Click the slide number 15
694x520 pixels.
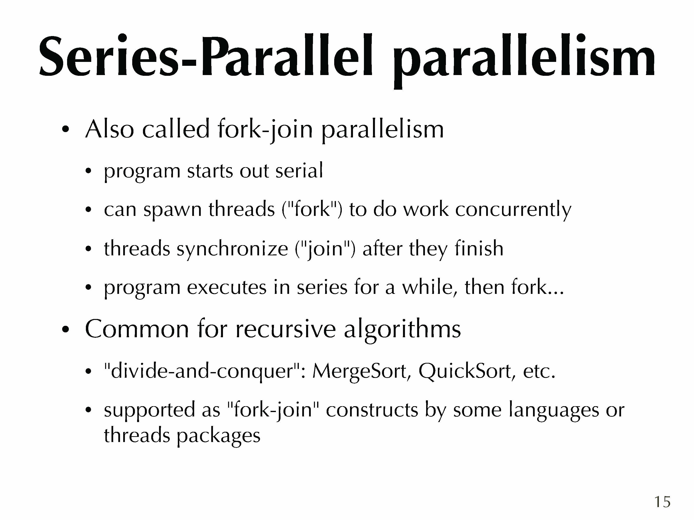click(x=662, y=502)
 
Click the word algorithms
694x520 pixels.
click(x=402, y=330)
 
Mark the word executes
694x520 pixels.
click(x=227, y=288)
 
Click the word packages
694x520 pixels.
click(x=219, y=436)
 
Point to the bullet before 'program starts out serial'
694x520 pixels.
click(x=89, y=171)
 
